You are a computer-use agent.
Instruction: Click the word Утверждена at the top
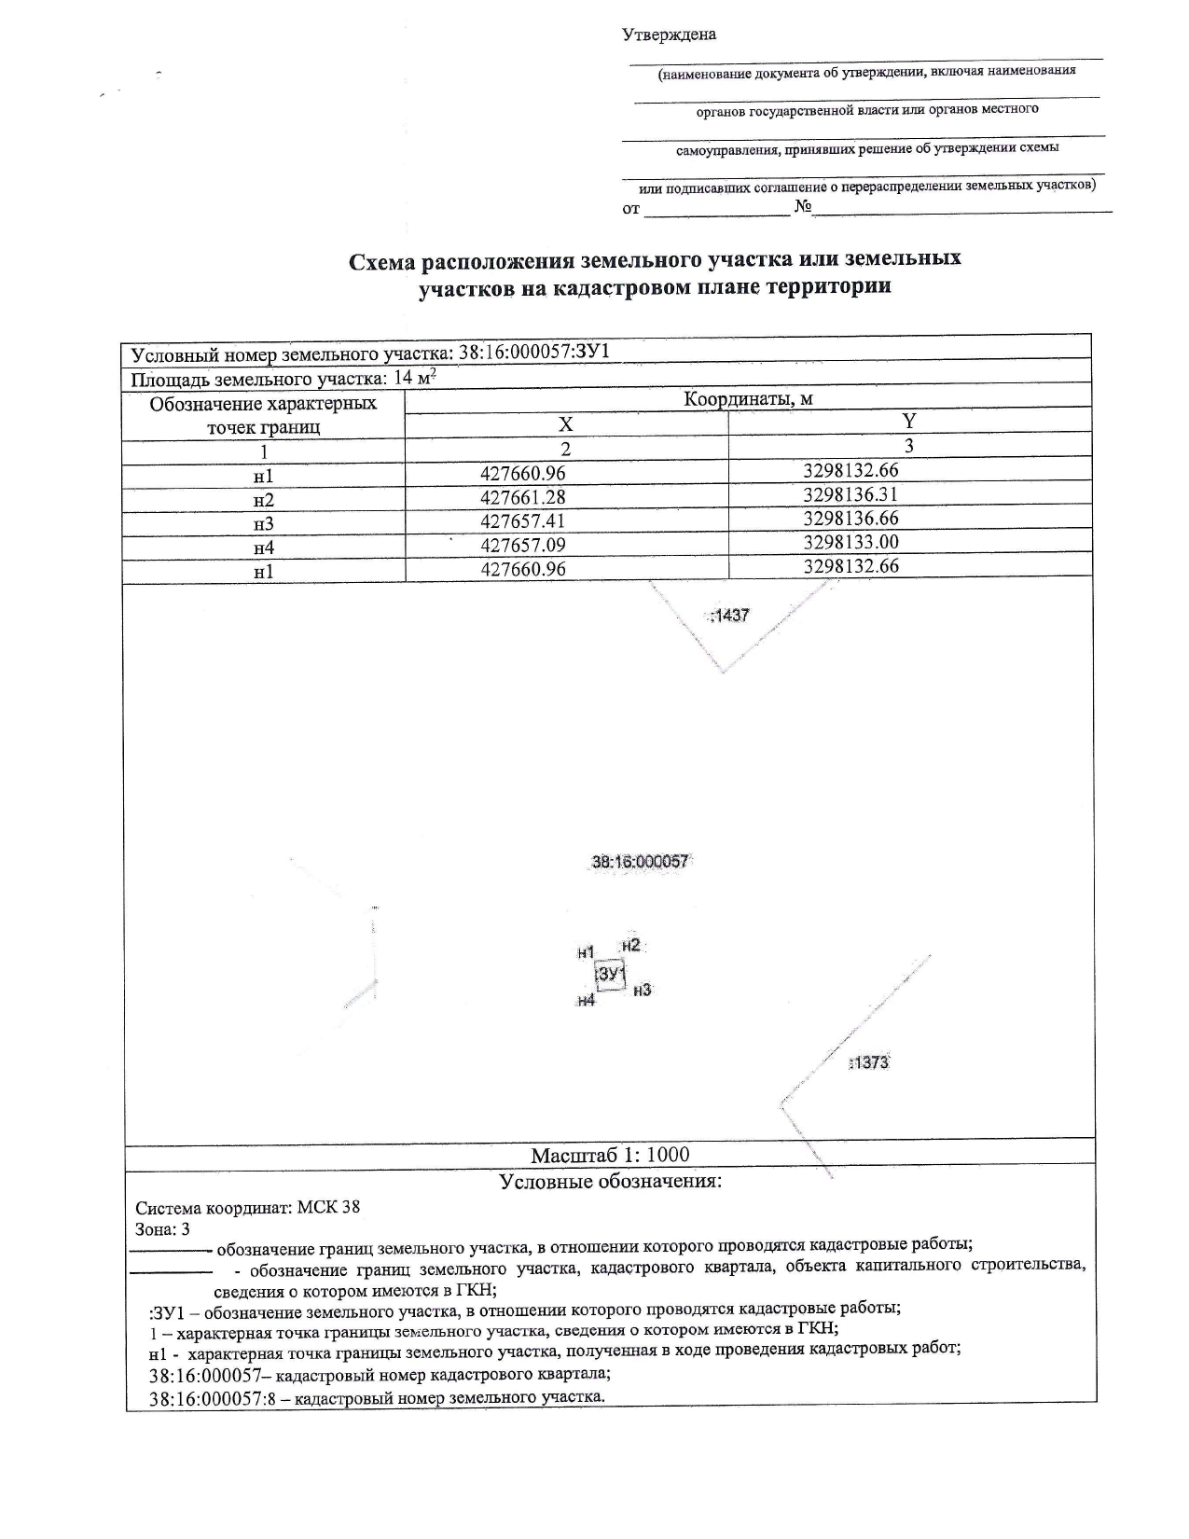pyautogui.click(x=669, y=35)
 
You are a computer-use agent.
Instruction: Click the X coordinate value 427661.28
pyautogui.click(x=523, y=497)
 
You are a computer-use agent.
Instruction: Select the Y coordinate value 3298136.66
pyautogui.click(x=850, y=518)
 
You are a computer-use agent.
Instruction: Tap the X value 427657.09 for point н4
pyautogui.click(x=523, y=545)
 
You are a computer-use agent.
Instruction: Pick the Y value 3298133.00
pyautogui.click(x=850, y=542)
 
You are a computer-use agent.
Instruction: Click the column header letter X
pyautogui.click(x=565, y=424)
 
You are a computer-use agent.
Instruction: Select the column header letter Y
pyautogui.click(x=909, y=421)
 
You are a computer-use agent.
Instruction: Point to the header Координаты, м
pyautogui.click(x=748, y=399)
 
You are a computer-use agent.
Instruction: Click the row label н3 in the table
pyautogui.click(x=264, y=523)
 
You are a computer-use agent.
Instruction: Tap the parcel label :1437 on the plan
pyautogui.click(x=729, y=616)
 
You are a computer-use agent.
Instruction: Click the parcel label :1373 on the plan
pyautogui.click(x=869, y=1061)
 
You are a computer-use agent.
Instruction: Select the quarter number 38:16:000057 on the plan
pyautogui.click(x=640, y=862)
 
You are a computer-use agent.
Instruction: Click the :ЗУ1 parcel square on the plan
pyautogui.click(x=610, y=975)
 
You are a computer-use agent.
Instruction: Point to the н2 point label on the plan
pyautogui.click(x=631, y=945)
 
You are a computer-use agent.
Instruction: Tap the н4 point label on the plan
pyautogui.click(x=586, y=1000)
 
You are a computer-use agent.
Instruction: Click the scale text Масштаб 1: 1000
pyautogui.click(x=610, y=1155)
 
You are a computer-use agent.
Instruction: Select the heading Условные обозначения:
pyautogui.click(x=610, y=1182)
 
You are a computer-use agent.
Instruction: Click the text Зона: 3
pyautogui.click(x=163, y=1229)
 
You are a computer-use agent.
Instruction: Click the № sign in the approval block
pyautogui.click(x=803, y=206)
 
